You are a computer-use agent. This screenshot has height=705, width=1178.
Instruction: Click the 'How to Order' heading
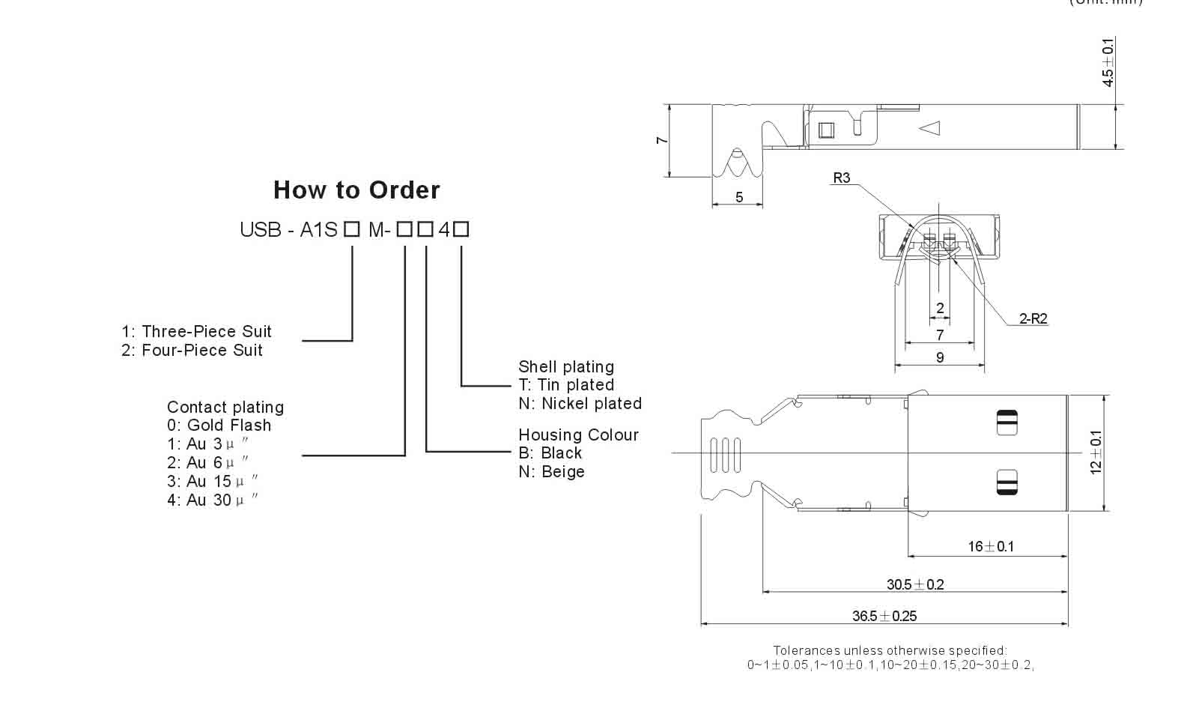point(356,190)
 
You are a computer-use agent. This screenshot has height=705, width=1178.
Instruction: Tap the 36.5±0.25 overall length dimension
point(884,616)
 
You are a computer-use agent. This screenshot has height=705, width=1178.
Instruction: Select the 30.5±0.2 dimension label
point(915,584)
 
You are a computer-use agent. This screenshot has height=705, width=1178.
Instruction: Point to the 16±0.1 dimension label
point(990,546)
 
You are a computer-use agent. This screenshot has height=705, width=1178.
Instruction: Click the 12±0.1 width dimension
point(1096,452)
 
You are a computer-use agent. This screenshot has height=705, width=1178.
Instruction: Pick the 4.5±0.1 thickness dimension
point(1108,61)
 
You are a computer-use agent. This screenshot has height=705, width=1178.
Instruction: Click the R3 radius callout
point(842,178)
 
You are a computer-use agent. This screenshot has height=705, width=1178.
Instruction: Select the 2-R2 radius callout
point(1033,319)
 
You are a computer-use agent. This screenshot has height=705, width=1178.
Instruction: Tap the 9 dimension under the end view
point(940,358)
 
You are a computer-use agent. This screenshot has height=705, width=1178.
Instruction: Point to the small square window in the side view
point(825,130)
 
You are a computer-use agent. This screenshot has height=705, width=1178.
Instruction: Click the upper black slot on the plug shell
point(1007,423)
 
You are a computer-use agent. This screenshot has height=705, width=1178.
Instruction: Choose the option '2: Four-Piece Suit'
point(192,350)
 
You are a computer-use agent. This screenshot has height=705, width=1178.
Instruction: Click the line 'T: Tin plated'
point(566,385)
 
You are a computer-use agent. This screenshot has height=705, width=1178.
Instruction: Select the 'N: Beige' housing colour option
point(551,472)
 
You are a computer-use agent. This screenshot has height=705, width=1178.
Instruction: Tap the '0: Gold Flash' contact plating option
point(219,426)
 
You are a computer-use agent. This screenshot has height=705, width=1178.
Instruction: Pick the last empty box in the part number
point(461,230)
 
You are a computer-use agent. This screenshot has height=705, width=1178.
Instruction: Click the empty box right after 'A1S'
point(352,230)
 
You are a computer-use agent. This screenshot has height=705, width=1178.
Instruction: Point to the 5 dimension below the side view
point(739,197)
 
